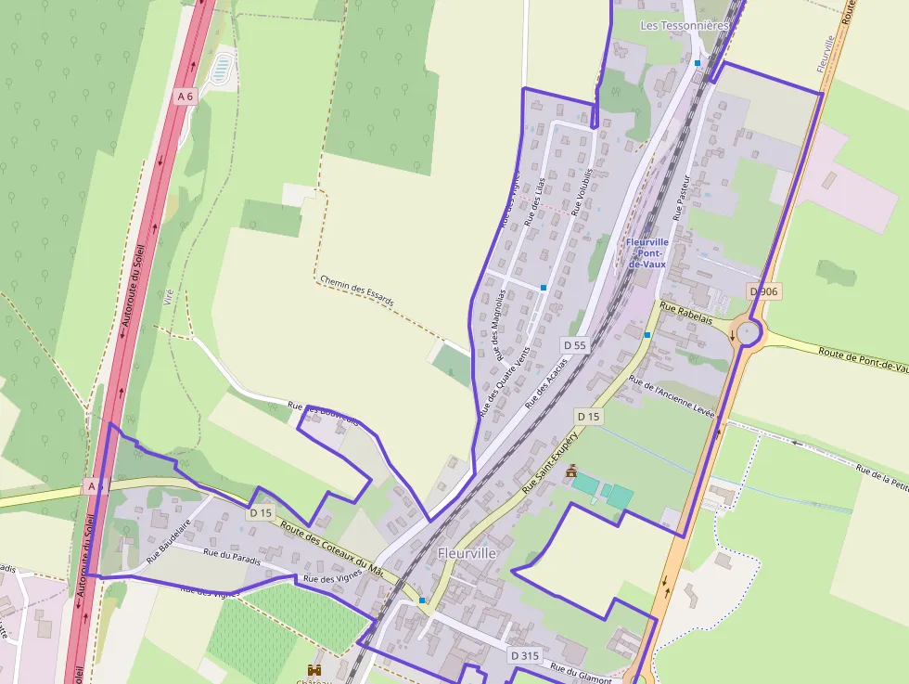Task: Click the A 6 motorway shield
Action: pyautogui.click(x=186, y=96)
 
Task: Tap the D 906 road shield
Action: pyautogui.click(x=764, y=291)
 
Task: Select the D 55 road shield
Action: pyautogui.click(x=575, y=345)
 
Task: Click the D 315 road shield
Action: pyautogui.click(x=524, y=655)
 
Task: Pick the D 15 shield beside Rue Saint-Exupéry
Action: pyautogui.click(x=588, y=417)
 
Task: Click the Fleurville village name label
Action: pyautogui.click(x=467, y=553)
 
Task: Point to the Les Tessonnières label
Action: pyautogui.click(x=685, y=26)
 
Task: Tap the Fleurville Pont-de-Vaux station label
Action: pyautogui.click(x=647, y=252)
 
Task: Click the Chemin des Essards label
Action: pyautogui.click(x=356, y=290)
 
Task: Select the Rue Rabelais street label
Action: pyautogui.click(x=686, y=312)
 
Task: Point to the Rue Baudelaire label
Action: pyautogui.click(x=168, y=542)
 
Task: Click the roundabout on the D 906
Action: pyautogui.click(x=749, y=331)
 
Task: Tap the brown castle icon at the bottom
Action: pyautogui.click(x=314, y=669)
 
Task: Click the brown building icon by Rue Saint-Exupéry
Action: pyautogui.click(x=571, y=471)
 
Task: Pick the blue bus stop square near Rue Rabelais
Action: pyautogui.click(x=647, y=334)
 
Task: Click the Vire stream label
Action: pyautogui.click(x=168, y=297)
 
